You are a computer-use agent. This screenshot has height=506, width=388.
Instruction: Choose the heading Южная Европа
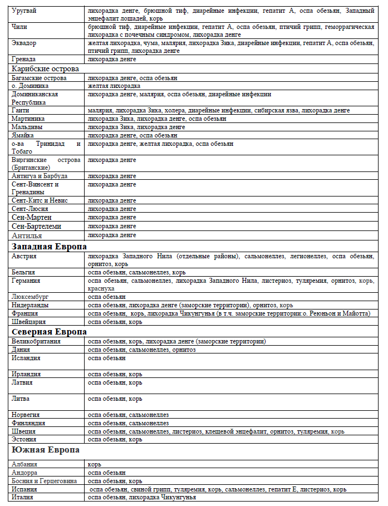46,450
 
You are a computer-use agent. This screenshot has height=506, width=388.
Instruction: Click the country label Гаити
21,110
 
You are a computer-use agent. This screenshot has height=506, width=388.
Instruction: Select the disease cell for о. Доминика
114,86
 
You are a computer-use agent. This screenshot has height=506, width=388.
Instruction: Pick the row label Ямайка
23,135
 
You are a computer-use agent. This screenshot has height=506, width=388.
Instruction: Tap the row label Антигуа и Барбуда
40,176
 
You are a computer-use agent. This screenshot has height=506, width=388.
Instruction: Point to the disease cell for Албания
94,464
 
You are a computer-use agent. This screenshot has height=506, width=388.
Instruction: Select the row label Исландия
26,358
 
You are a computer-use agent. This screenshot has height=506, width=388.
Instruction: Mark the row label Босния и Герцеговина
45,480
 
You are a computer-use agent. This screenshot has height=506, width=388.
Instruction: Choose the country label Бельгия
23,272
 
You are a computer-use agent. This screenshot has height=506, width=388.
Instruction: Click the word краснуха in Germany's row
101,289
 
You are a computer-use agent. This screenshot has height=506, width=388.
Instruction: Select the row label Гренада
24,58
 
